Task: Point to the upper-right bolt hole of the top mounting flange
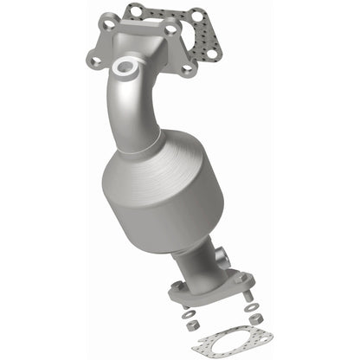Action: [169, 29]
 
